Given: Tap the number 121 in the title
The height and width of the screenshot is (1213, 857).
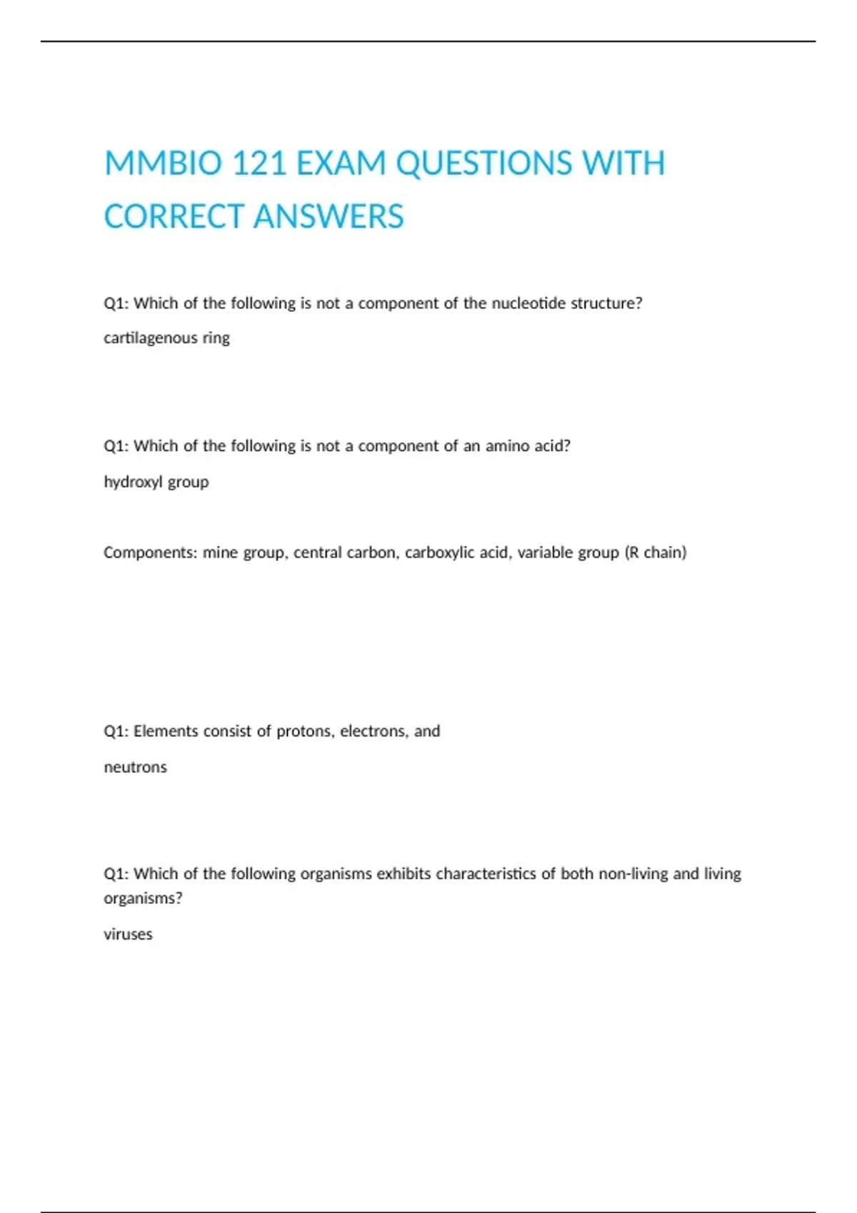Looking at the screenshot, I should (x=259, y=163).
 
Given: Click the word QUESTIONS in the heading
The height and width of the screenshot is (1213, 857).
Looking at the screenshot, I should (x=483, y=163).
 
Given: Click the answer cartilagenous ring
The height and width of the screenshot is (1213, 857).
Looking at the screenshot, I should (x=166, y=338).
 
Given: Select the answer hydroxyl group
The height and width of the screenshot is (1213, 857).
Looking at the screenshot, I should (x=156, y=482).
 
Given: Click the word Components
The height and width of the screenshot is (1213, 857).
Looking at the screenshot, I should (x=149, y=553).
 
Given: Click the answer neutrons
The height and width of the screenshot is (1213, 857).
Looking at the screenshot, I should (x=135, y=768).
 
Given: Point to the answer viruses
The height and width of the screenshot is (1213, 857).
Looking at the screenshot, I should (x=128, y=935).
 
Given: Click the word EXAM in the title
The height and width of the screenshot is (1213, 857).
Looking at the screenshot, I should (x=341, y=163).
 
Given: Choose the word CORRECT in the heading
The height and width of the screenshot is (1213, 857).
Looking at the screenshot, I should (x=174, y=217).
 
